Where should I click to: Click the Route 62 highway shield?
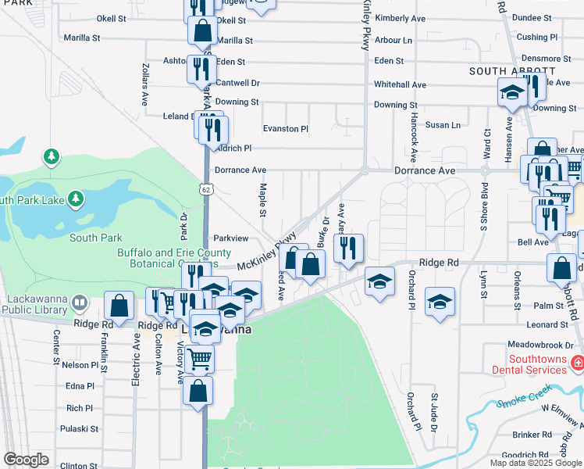tap(205, 189)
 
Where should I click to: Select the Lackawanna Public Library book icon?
tap(79, 302)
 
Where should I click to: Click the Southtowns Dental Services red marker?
tap(577, 362)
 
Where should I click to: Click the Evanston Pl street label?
tap(286, 128)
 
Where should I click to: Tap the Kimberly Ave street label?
tap(400, 17)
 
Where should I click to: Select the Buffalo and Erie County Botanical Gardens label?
tap(174, 258)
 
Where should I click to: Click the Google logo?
tap(26, 460)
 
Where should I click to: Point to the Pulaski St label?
tap(81, 428)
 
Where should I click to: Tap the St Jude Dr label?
tap(435, 414)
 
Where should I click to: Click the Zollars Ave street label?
tap(145, 84)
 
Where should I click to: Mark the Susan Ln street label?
tap(442, 125)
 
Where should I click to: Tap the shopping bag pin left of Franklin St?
tap(119, 306)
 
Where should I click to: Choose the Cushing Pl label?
tap(537, 37)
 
